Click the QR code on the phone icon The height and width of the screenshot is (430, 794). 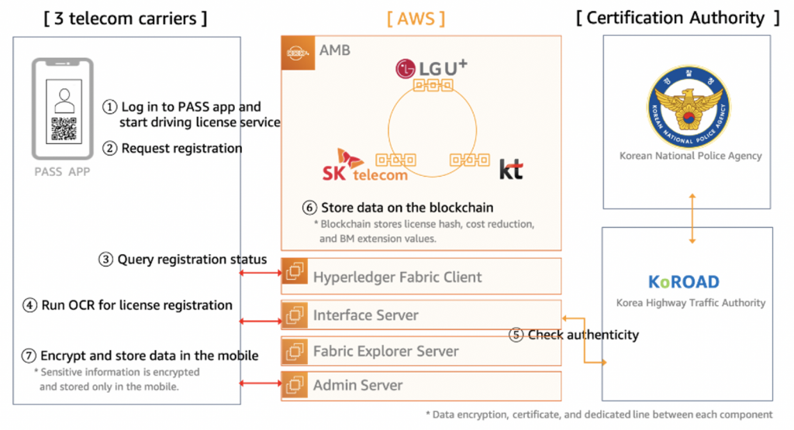tap(63, 130)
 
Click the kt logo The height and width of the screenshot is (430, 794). tap(510, 169)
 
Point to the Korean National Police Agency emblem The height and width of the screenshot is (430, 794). tap(687, 108)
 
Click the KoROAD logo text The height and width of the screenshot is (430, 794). tap(684, 282)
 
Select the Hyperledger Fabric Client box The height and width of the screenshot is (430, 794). tap(421, 277)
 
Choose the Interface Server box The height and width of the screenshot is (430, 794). tap(421, 315)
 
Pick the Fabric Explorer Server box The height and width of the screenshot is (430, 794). tap(421, 351)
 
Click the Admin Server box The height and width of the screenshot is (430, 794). tap(421, 385)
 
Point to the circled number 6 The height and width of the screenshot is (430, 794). tap(309, 208)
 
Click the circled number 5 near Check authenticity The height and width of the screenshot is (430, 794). tap(516, 335)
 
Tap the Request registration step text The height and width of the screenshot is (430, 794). tap(181, 148)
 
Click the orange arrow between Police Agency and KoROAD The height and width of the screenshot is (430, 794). tap(687, 218)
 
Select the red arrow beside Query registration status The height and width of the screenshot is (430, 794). tap(261, 273)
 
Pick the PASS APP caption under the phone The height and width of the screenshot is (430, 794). tap(63, 171)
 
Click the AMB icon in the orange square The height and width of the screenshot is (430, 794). tap(297, 53)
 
